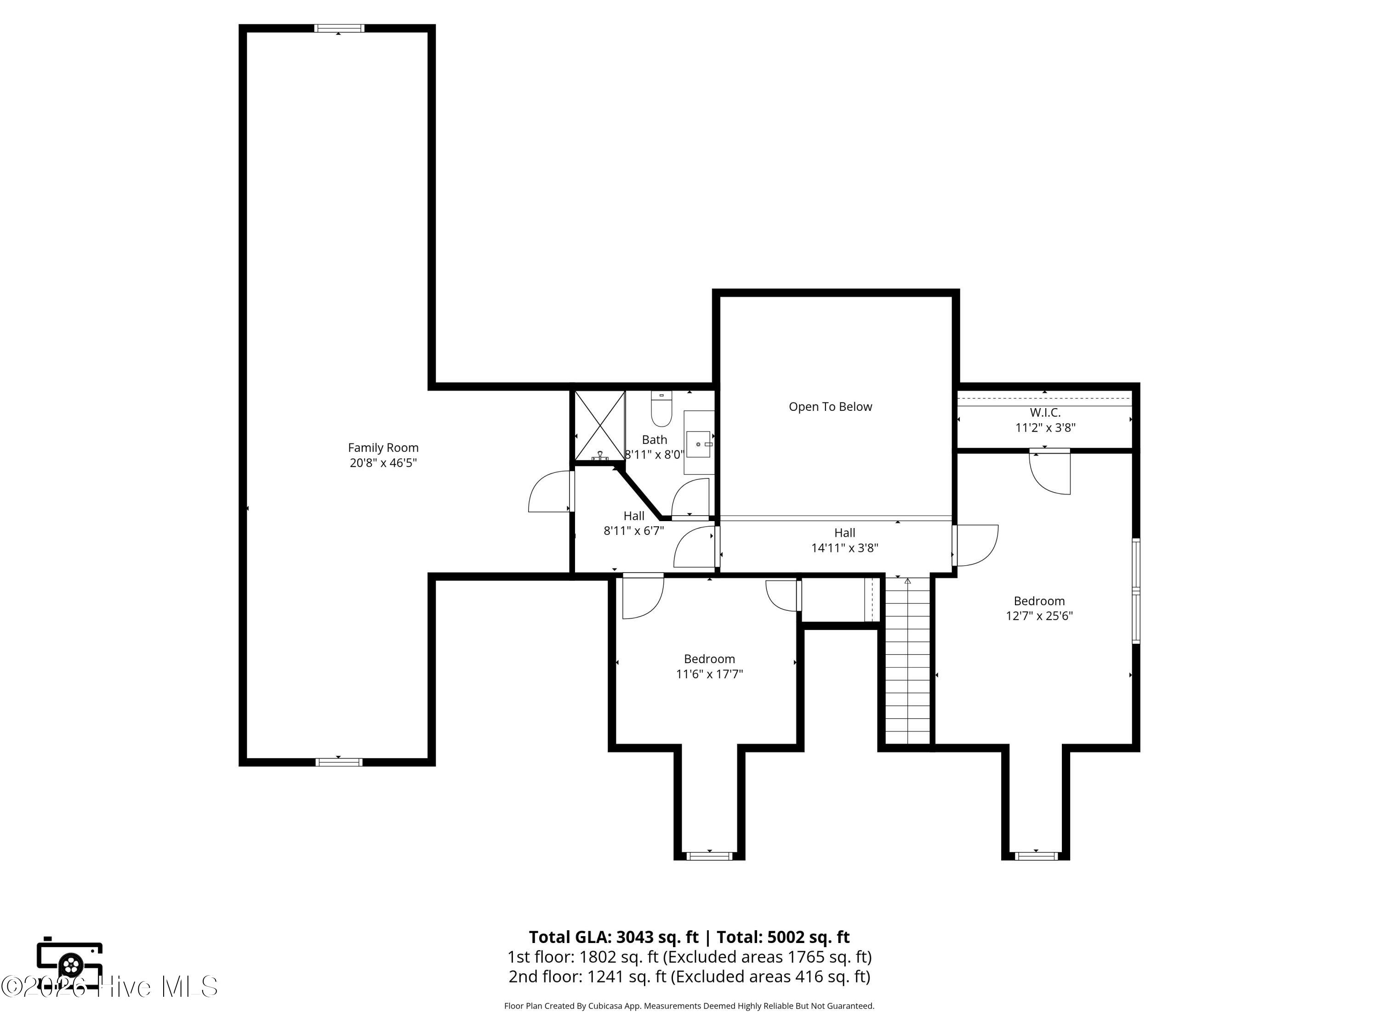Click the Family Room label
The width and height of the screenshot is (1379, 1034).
coord(383,448)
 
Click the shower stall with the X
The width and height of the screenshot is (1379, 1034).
coord(599,426)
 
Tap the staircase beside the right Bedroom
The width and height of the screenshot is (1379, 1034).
coord(908,661)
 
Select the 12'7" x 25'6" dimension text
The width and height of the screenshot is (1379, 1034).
coord(1039,616)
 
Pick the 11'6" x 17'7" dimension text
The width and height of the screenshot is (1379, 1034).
coord(709,674)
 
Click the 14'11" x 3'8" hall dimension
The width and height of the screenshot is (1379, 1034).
coord(845,548)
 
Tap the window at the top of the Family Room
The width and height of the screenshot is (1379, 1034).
coord(338,28)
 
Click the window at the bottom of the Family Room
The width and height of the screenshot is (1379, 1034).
coord(338,761)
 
